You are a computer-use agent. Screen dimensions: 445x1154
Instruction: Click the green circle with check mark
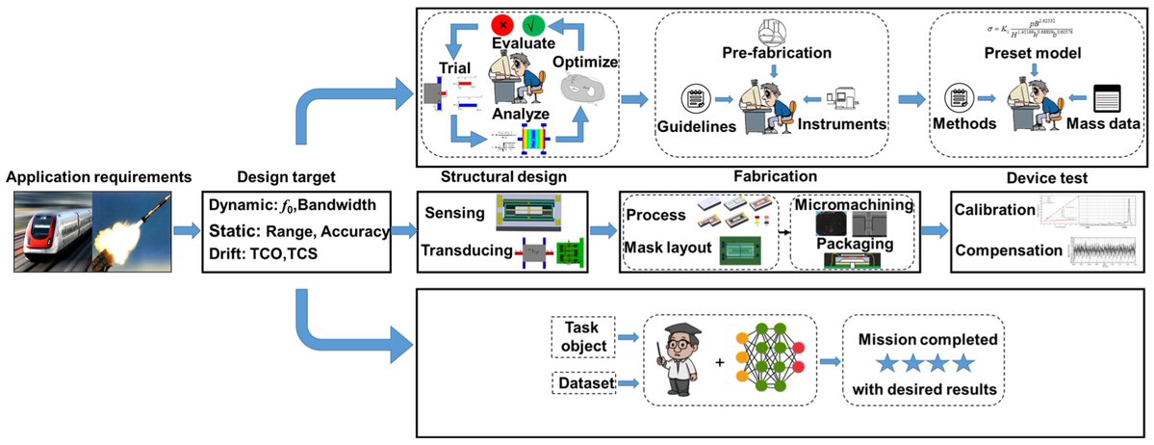coord(538,23)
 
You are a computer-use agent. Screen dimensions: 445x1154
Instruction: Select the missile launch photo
coord(136,230)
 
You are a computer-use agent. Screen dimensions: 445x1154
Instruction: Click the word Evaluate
coord(520,44)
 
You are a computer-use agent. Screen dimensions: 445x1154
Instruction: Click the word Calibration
coord(992,210)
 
